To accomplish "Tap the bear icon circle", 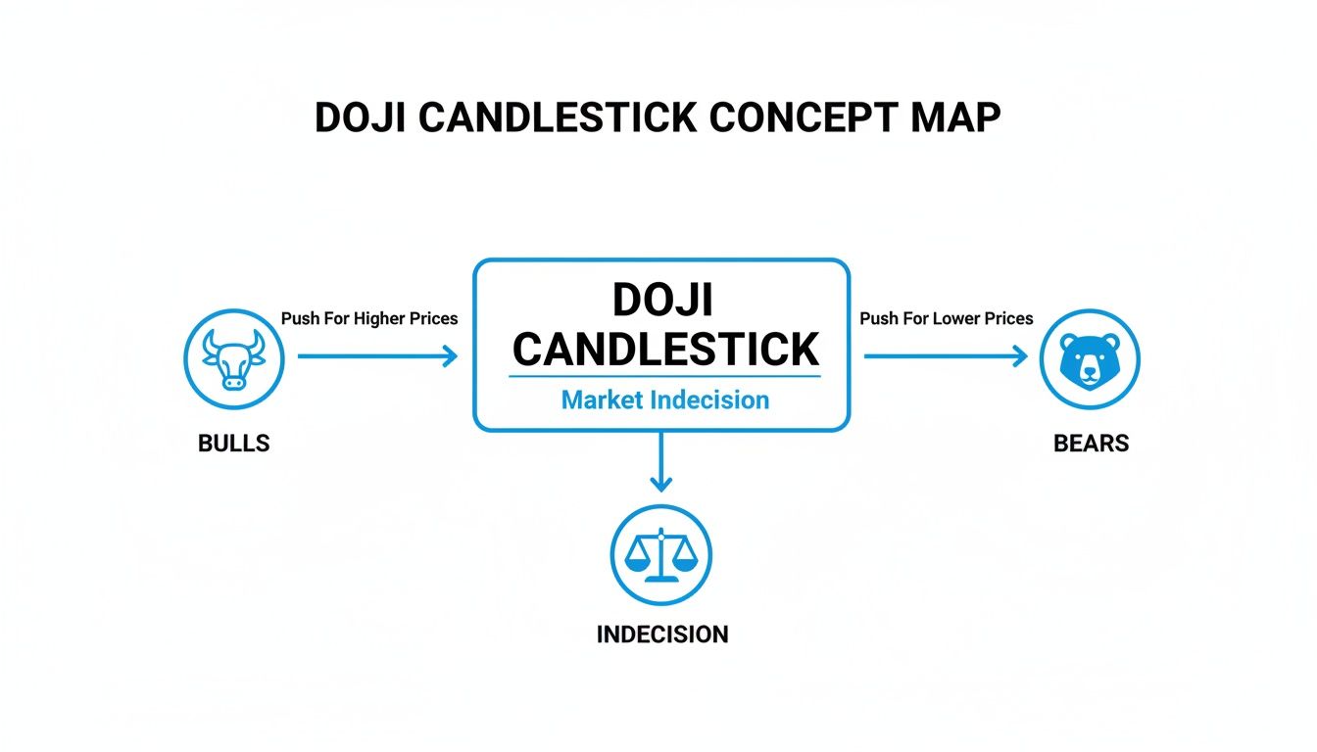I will coord(1090,358).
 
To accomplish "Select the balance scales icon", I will coord(661,555).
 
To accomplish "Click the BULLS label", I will coord(233,444).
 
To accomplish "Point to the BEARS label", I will coord(1091,444).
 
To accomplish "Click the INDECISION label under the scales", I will coord(662,634).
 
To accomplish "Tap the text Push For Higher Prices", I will coord(369,318).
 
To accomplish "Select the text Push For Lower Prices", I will coord(947,318).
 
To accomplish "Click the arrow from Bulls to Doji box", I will coord(377,356).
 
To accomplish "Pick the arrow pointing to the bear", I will coord(946,356).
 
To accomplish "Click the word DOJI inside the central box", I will coord(662,300).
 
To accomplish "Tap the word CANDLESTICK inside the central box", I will coord(665,348).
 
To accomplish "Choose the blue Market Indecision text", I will coord(665,399).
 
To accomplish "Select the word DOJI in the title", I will coord(360,117).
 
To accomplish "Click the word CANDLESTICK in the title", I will coord(558,117).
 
